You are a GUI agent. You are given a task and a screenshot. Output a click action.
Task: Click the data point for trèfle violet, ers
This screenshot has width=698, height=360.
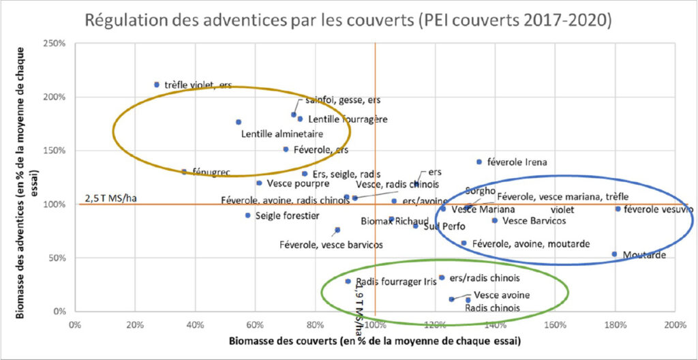click(156, 85)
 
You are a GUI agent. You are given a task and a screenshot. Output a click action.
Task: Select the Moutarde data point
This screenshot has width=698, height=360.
click(614, 254)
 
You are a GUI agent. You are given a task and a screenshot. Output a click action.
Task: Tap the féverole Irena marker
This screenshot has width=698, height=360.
click(479, 162)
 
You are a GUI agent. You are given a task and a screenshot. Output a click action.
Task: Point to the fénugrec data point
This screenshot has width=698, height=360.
click(183, 172)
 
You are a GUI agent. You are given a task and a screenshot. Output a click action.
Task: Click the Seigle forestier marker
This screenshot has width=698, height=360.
click(248, 215)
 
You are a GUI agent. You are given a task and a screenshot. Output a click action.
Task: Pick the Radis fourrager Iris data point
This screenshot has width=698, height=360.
click(348, 281)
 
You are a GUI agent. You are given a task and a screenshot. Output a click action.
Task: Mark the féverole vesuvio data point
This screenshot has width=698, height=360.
click(618, 209)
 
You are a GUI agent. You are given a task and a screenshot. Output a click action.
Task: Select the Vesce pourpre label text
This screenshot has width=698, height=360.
click(298, 183)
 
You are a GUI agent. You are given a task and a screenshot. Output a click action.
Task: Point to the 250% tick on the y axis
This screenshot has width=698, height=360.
click(55, 43)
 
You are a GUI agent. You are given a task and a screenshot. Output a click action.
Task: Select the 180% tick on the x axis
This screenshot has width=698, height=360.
click(615, 324)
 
